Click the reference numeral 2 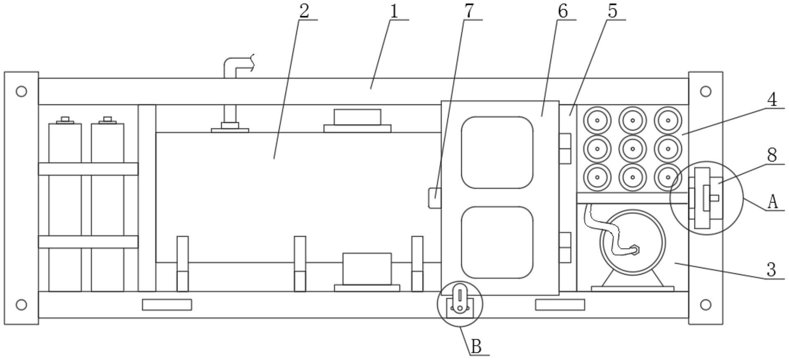(304, 11)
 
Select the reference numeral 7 (468, 11)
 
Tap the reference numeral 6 (562, 11)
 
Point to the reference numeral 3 (771, 270)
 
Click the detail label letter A (772, 202)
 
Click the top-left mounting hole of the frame (21, 91)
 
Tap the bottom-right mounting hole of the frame (706, 305)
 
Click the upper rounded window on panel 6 (497, 152)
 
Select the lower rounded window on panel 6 (497, 242)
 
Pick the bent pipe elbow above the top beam (231, 66)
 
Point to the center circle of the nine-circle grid (632, 149)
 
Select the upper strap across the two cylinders (88, 169)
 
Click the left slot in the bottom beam (167, 305)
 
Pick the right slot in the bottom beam (560, 305)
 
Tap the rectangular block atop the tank (357, 117)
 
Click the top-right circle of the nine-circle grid (668, 121)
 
